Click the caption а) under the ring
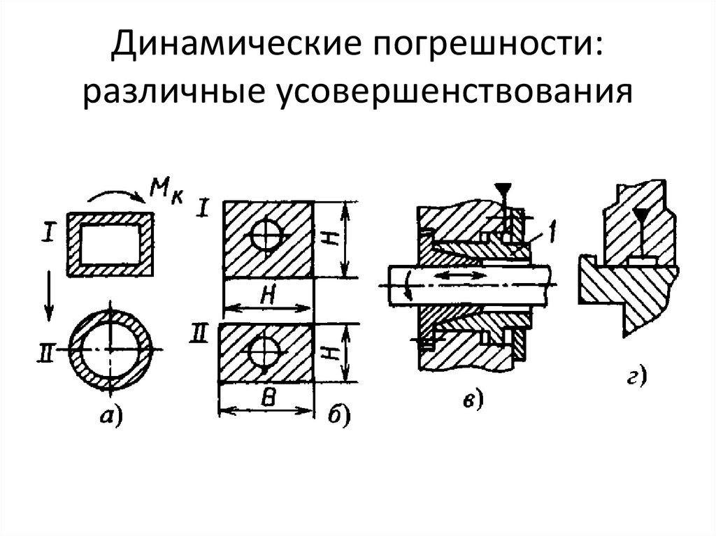click(110, 417)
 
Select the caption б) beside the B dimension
click(337, 418)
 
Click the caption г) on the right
click(635, 378)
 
